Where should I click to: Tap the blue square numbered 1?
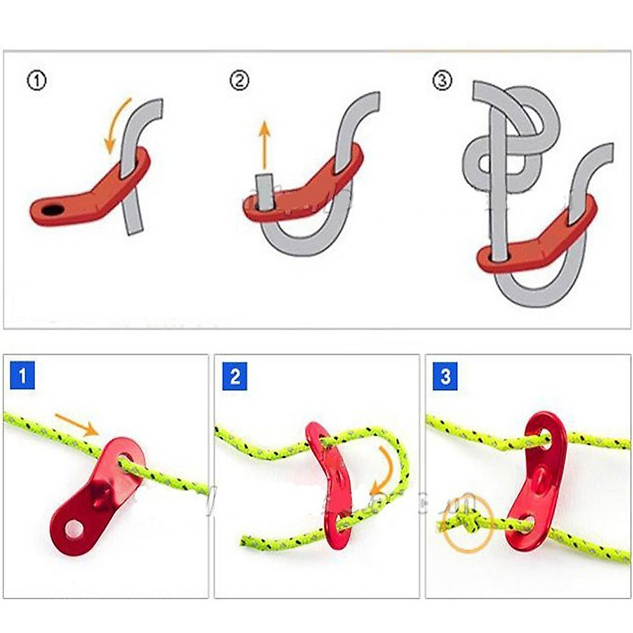22,376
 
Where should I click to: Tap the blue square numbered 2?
235,376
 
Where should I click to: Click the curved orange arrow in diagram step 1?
117,124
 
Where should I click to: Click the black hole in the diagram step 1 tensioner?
52,210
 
